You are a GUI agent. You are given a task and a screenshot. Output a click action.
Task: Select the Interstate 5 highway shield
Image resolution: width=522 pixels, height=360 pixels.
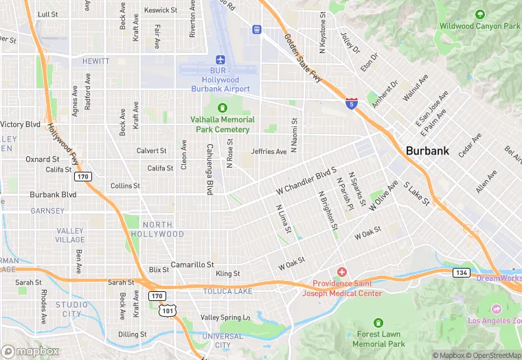coord(351,103)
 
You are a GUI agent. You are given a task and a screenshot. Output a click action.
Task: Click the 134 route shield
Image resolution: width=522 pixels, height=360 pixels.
coord(462,273)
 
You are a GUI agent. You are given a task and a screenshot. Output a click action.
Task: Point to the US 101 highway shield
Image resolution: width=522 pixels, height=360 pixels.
coord(166,311)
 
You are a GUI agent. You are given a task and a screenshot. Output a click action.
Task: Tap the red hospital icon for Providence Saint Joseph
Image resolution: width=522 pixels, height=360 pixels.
coord(341,273)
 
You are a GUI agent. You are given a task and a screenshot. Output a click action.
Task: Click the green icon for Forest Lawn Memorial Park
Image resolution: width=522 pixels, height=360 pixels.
coord(377,323)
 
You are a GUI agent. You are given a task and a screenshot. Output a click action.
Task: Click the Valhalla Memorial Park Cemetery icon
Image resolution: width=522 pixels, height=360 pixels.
coord(223,108)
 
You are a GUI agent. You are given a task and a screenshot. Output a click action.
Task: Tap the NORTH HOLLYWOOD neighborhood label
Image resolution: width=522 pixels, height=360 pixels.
coord(163,229)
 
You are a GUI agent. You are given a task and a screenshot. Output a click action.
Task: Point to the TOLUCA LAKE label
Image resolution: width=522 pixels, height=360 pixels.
coord(227,291)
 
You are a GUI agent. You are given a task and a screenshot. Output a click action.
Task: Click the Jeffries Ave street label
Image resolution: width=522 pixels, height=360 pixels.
coord(269,151)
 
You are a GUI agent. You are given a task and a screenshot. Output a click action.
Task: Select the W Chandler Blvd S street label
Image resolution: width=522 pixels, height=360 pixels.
coord(306,180)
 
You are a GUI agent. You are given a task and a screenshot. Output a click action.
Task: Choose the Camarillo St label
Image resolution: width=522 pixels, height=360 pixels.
coord(192,265)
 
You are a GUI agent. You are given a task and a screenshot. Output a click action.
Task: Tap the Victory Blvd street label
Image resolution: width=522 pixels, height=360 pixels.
coord(20,124)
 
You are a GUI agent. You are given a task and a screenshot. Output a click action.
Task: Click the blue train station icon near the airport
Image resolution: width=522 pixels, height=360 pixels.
coord(257,30)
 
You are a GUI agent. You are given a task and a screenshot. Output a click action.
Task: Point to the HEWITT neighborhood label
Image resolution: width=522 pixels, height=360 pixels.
coord(95,61)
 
